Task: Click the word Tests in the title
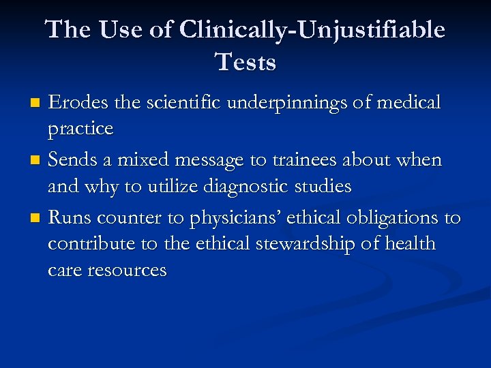click(246, 63)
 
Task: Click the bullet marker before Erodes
click(38, 104)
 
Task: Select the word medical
click(408, 103)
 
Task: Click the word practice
click(80, 129)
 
